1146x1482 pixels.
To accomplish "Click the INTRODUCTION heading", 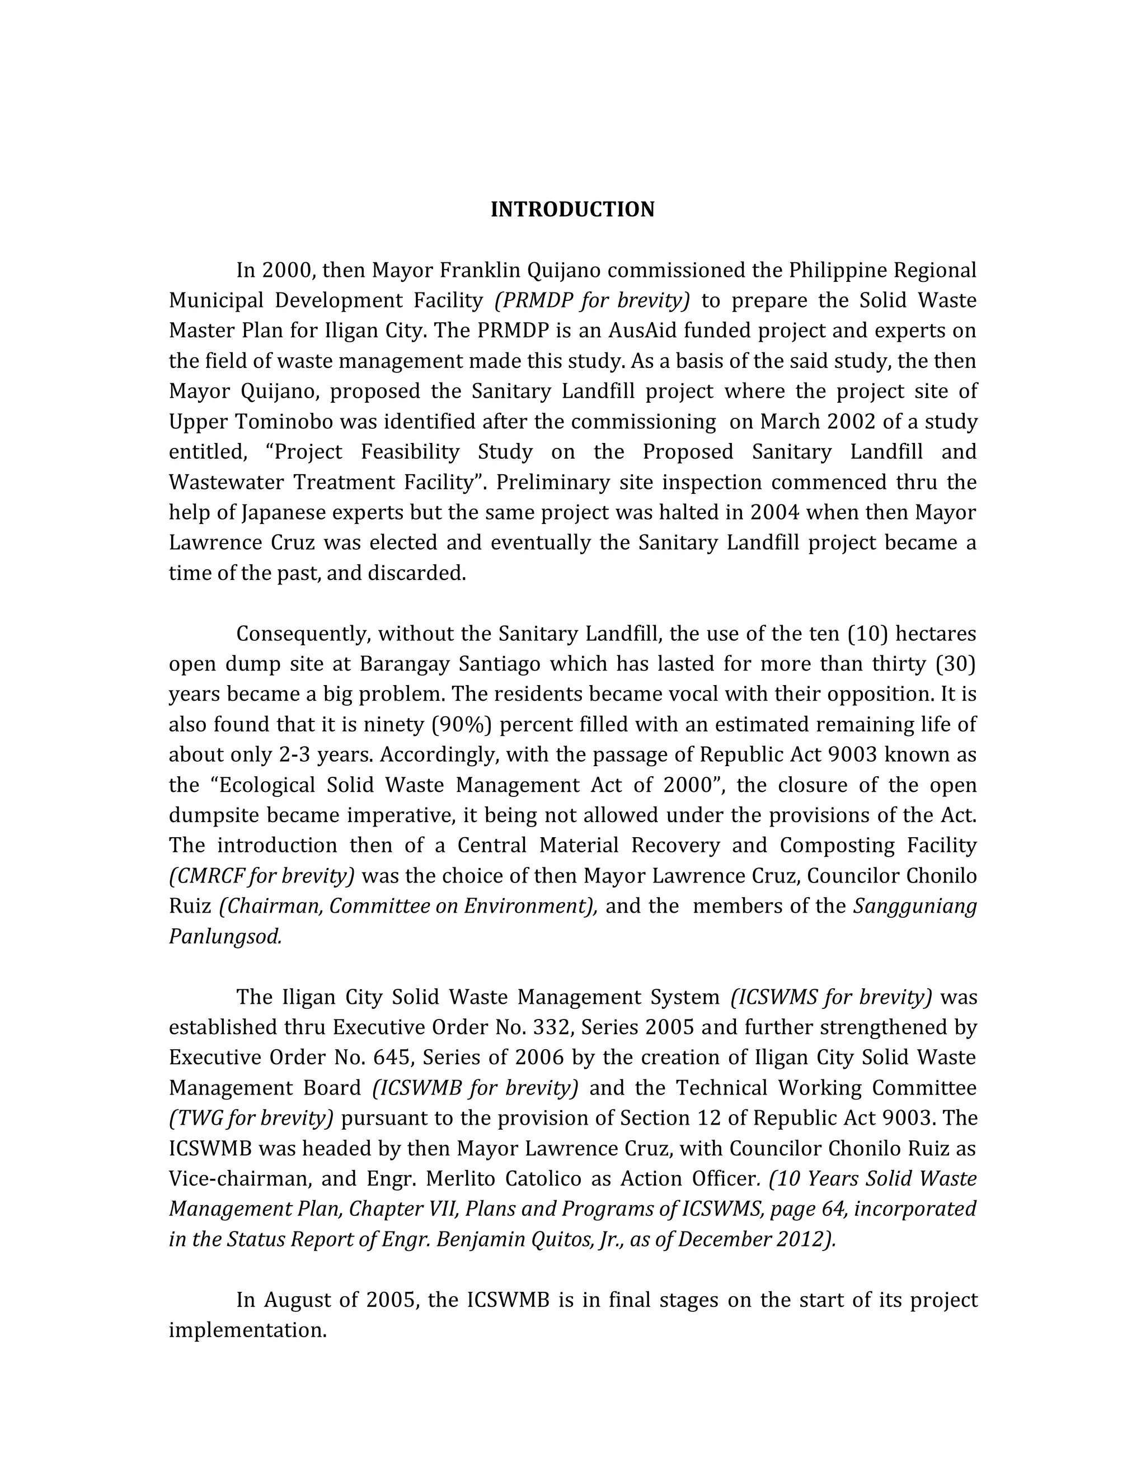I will pos(572,210).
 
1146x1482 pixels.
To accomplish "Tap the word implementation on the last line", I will pos(248,1330).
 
